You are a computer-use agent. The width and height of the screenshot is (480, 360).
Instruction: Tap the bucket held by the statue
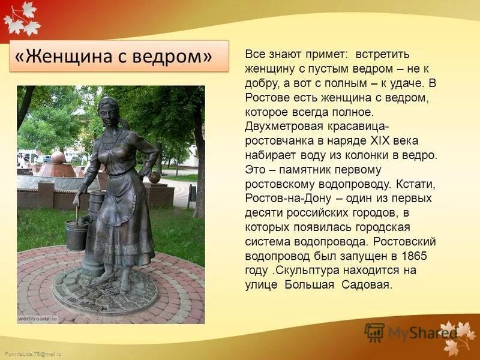click(76, 234)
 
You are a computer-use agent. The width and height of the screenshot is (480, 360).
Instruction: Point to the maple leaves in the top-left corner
click(21, 16)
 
